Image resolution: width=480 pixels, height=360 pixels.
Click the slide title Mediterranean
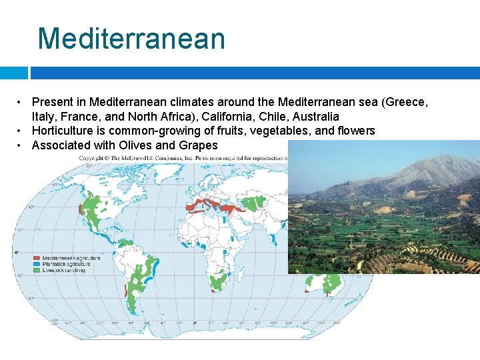point(131,38)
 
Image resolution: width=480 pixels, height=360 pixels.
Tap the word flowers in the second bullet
point(355,131)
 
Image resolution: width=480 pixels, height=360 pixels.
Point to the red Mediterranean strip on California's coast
point(81,209)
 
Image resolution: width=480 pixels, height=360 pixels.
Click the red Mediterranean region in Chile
point(125,291)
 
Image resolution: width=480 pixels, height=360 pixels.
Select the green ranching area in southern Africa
point(218,283)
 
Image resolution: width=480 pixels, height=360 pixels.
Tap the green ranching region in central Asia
point(251,201)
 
